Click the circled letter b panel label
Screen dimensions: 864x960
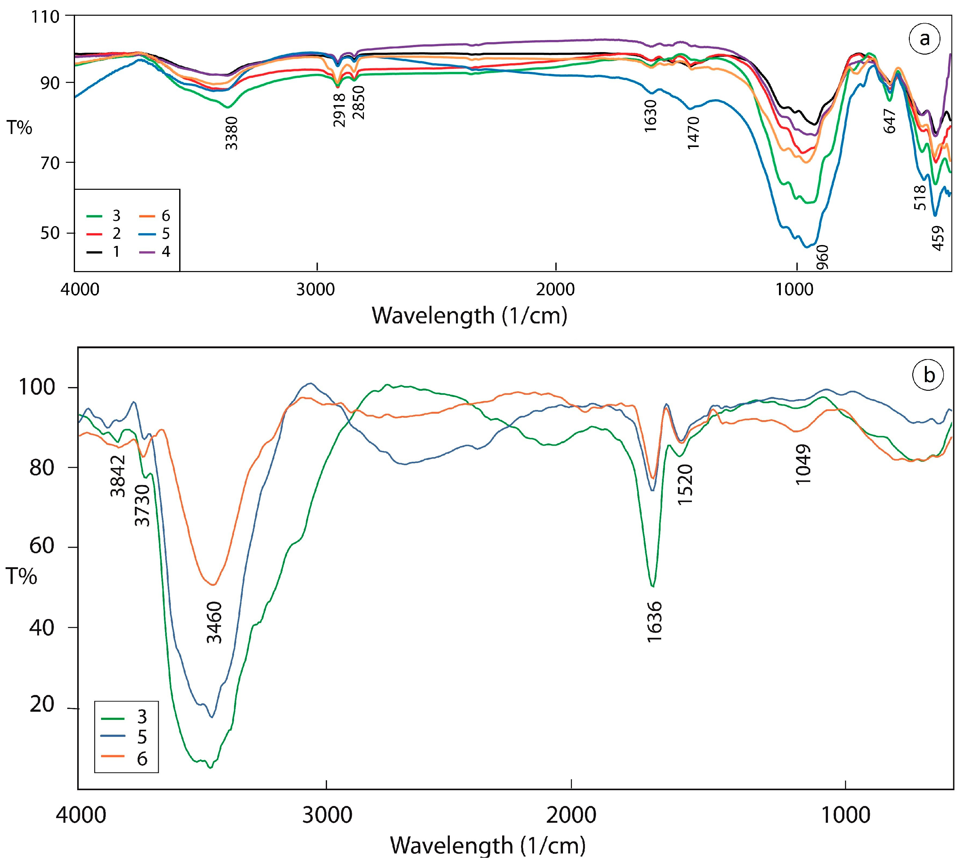(929, 375)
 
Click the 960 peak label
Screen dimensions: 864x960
(823, 257)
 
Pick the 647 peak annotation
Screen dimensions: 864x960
(889, 121)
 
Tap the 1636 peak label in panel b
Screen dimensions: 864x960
(654, 622)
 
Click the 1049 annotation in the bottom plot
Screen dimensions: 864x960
(803, 464)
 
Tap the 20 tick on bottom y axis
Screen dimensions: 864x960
(42, 705)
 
